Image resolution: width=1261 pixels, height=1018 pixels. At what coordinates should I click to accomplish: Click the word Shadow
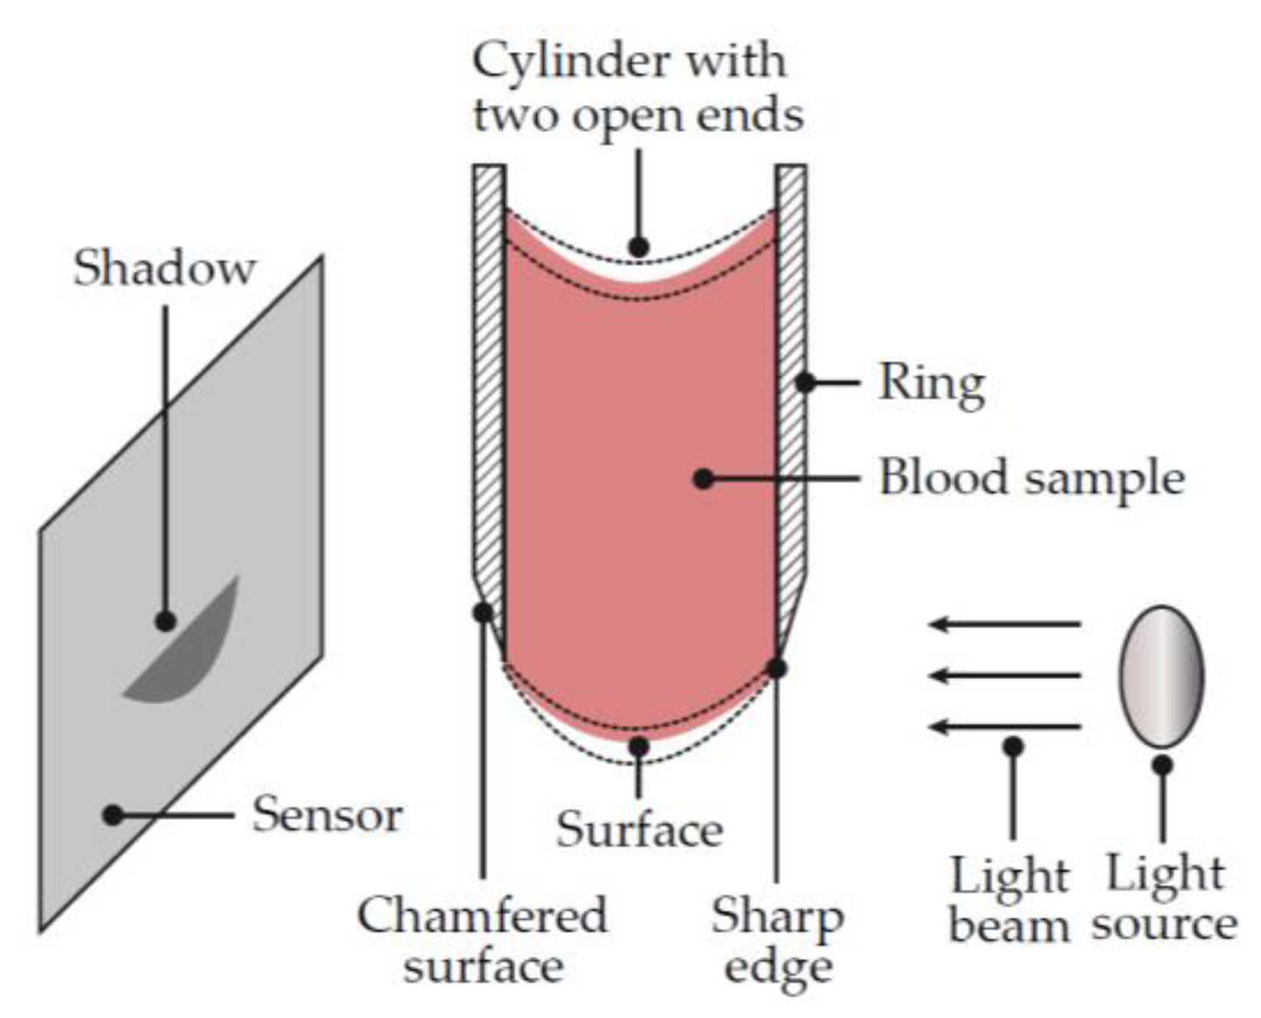[x=163, y=269]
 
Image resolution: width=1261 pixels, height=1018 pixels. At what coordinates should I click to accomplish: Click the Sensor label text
[x=327, y=815]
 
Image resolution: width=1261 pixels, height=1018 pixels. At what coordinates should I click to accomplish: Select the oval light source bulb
[x=1161, y=677]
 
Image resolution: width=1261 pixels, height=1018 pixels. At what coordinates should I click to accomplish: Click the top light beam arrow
[x=1005, y=624]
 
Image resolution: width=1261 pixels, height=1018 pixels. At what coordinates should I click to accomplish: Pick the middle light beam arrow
[x=1005, y=676]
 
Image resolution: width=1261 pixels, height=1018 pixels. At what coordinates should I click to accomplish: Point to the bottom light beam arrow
[x=1005, y=726]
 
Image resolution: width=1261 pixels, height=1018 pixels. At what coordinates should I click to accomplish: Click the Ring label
[x=931, y=383]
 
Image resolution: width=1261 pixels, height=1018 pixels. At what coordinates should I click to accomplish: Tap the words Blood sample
[x=1031, y=478]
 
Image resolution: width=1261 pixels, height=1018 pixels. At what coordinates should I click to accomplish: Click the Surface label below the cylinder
[x=639, y=830]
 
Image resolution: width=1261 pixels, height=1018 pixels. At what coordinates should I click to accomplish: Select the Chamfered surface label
[x=482, y=941]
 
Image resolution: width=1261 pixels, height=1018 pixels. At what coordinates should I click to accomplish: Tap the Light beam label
[x=1009, y=901]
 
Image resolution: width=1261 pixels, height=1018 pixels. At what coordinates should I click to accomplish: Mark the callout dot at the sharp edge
[x=777, y=668]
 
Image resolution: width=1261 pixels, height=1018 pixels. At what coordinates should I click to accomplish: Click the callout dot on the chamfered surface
[x=482, y=612]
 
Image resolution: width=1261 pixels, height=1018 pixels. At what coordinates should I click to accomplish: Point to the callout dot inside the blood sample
[x=703, y=479]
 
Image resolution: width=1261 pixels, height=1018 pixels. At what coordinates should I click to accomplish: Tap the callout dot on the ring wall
[x=804, y=382]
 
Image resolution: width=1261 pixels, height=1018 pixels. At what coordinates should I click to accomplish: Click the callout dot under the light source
[x=1162, y=765]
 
